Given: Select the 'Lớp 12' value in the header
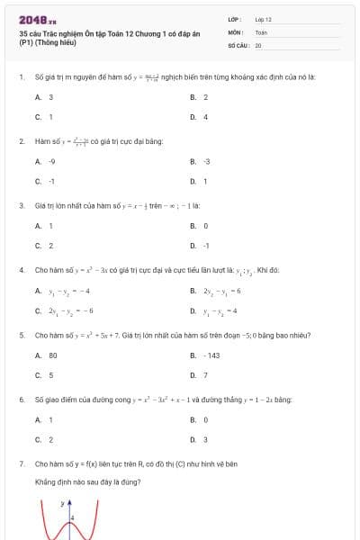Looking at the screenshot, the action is (263, 19).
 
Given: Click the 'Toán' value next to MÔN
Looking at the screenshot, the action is (261, 31).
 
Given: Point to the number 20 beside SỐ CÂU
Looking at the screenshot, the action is (258, 44).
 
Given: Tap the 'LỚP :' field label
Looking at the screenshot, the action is (236, 19).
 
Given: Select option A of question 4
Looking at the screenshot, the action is (62, 291).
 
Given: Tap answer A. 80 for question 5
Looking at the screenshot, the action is (47, 355).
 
